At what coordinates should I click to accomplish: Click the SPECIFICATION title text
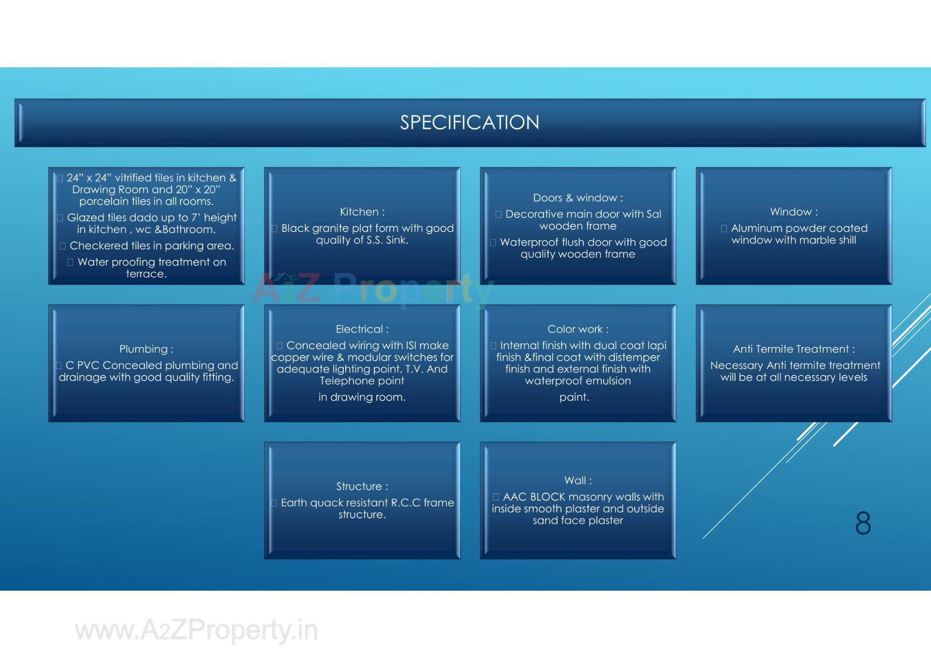pos(469,123)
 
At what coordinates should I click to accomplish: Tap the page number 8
pos(863,524)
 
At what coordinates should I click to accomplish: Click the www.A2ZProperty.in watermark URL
pos(196,630)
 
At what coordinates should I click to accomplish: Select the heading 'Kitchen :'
pos(362,212)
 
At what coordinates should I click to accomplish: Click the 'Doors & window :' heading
pos(578,198)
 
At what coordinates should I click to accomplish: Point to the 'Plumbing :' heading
pos(146,349)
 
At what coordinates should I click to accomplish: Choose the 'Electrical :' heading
pos(362,329)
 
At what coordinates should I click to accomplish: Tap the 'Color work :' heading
pos(578,329)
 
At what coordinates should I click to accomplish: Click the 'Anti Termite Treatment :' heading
pos(794,349)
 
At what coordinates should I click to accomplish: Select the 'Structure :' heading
pos(362,486)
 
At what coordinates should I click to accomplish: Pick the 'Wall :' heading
pos(578,481)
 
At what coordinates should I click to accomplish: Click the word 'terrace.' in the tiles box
pos(146,274)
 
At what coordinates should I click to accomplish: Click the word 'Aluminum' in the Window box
pos(754,228)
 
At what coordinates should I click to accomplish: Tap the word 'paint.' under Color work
pos(574,397)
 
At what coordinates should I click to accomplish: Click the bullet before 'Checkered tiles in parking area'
pos(63,246)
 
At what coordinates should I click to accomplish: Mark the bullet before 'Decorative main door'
pos(498,214)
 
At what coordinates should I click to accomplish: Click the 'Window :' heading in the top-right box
pos(794,212)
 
